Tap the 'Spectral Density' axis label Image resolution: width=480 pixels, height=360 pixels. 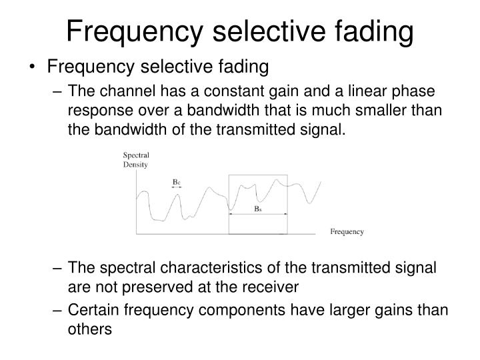[x=135, y=160]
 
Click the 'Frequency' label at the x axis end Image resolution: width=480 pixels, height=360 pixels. [x=347, y=232]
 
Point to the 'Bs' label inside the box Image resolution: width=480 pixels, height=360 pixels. [x=257, y=208]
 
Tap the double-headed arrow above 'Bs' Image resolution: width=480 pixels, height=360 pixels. [x=258, y=214]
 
